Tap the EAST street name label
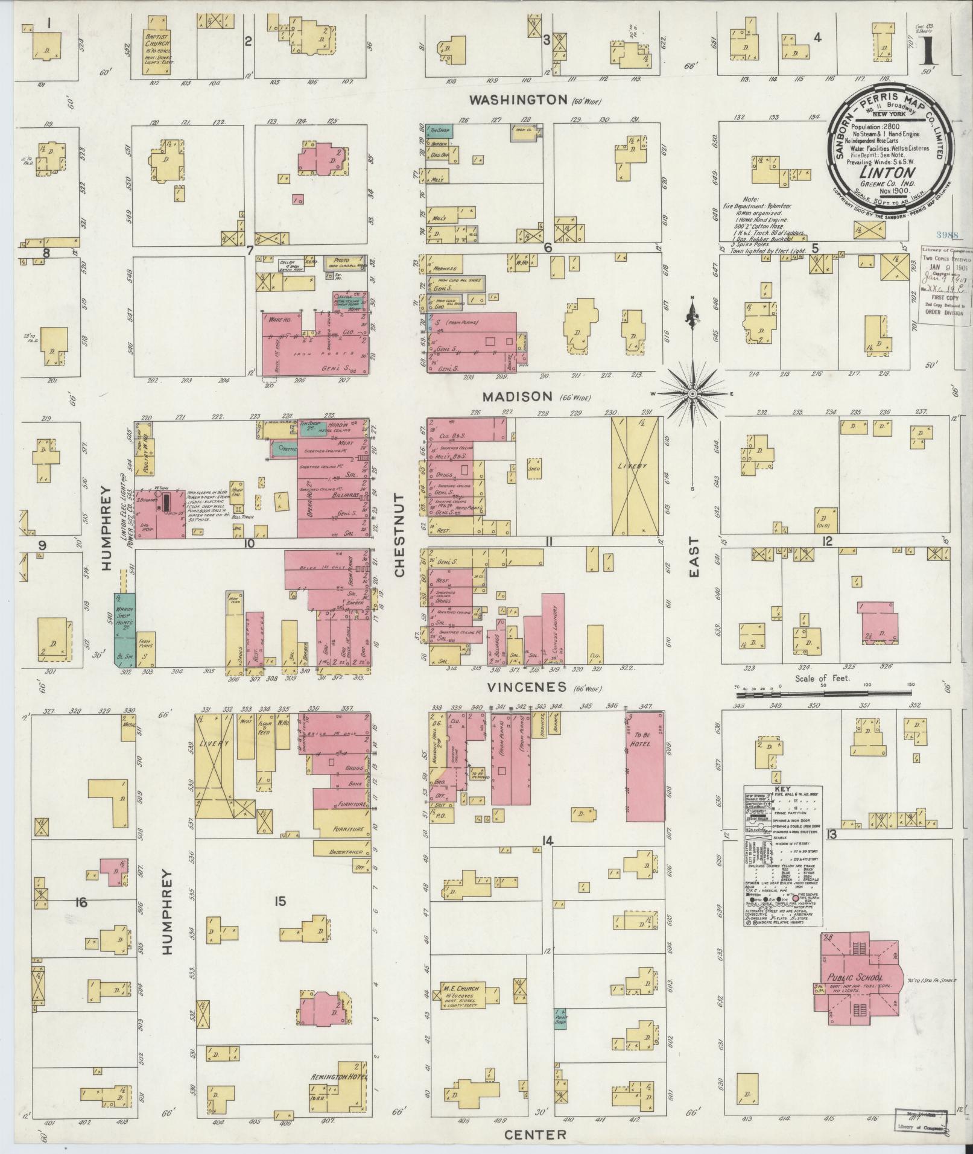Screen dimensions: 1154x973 (x=694, y=557)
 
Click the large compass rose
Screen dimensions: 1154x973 (x=693, y=393)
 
